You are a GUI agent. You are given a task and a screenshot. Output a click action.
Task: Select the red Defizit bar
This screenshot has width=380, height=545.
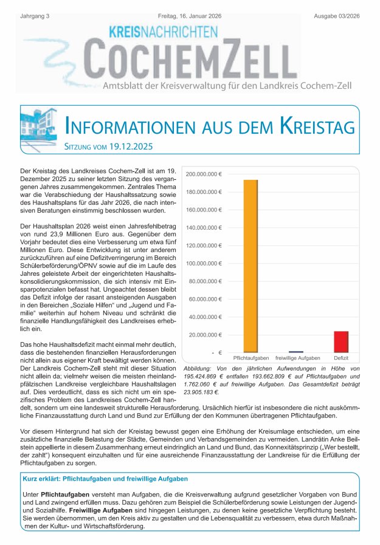341,341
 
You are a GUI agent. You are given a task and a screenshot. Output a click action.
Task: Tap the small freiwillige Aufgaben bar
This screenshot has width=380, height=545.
296,351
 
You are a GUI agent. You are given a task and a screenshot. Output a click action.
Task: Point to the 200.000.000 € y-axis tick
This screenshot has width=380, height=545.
204,174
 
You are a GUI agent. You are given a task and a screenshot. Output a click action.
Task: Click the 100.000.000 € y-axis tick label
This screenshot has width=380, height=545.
204,263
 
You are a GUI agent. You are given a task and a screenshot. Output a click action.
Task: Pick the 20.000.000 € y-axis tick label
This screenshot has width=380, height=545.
205,334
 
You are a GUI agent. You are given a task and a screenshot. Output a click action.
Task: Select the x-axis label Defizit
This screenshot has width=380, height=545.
341,359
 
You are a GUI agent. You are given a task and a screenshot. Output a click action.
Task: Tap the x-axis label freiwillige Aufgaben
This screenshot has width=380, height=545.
296,359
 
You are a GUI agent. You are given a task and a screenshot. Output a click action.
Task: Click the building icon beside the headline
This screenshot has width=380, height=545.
40,126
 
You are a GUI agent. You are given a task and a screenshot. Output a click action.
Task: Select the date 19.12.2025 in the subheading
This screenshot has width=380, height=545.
128,147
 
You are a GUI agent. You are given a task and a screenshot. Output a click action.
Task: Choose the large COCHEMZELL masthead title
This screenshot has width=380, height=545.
188,58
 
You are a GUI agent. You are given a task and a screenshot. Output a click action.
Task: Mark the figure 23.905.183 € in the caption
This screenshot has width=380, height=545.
203,392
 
